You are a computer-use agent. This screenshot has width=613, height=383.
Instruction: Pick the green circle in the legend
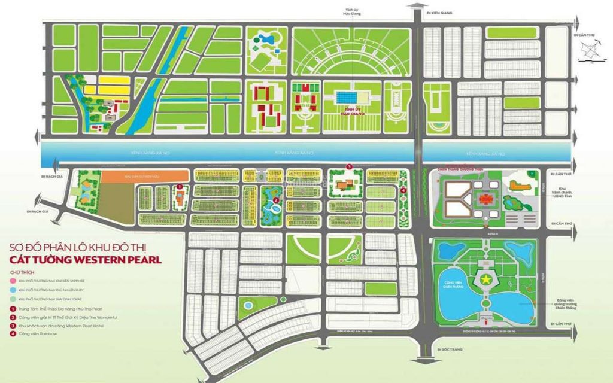tap(13, 298)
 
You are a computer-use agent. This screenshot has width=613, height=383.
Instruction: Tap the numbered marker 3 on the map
tap(348, 166)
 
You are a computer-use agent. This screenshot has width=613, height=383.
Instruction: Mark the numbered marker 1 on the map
tap(178, 186)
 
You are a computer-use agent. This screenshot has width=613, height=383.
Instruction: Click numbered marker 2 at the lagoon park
tap(275, 200)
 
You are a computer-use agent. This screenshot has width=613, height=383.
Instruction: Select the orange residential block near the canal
tap(141, 177)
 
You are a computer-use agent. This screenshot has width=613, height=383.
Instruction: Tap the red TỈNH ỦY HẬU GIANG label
tap(352, 110)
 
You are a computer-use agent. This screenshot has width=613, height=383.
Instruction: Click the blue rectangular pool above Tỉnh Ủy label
tap(352, 97)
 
